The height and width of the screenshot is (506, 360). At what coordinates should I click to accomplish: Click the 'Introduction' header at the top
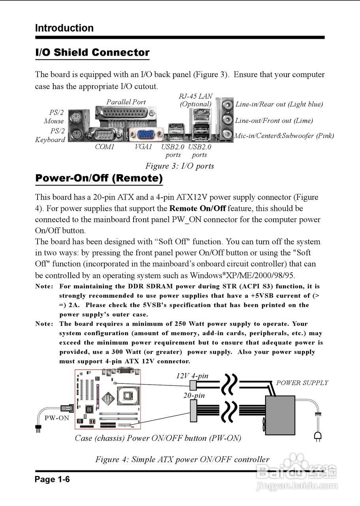(64, 28)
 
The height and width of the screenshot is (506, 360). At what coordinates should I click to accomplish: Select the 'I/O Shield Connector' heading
(92, 53)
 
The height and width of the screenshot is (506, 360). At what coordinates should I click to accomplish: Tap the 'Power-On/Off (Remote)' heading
(99, 178)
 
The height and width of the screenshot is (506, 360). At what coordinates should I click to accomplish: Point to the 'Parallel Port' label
(126, 102)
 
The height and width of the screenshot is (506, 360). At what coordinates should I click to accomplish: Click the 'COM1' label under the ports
(105, 147)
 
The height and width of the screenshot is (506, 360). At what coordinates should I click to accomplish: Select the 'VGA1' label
(143, 147)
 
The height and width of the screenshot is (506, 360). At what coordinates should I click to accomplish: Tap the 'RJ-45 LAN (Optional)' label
(196, 100)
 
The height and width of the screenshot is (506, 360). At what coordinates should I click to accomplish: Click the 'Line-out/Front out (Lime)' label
(274, 121)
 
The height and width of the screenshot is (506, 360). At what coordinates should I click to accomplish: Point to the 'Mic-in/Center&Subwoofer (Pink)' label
(284, 136)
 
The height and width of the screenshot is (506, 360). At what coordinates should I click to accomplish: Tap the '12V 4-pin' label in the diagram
(192, 376)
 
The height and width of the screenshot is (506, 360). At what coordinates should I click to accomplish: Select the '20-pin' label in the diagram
(194, 395)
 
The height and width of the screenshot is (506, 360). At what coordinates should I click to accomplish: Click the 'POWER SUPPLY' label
(302, 383)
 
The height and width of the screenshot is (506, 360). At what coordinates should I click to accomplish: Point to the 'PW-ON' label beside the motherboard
(57, 418)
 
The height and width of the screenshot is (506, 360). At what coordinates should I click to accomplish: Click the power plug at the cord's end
(317, 435)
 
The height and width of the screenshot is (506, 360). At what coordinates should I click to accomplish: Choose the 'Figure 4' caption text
(182, 459)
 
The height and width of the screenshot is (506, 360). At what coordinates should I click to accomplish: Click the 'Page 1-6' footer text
(53, 480)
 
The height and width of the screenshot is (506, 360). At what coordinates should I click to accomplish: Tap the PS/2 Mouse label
(54, 117)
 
